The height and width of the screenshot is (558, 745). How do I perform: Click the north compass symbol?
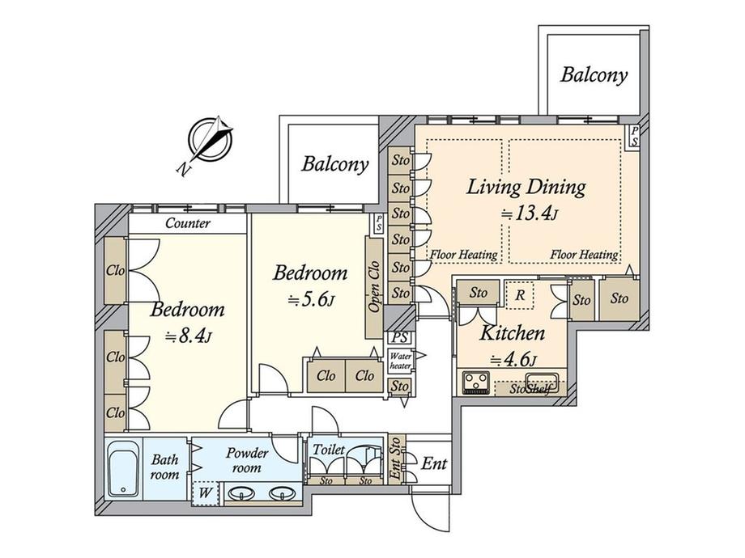(x=210, y=140)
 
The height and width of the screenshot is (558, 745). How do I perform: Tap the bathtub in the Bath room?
(x=123, y=469)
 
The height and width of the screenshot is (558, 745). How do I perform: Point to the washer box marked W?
(x=205, y=492)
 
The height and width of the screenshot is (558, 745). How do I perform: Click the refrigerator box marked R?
(x=520, y=295)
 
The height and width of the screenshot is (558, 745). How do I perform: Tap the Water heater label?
(x=401, y=361)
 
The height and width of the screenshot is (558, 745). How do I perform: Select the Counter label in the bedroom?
(x=188, y=223)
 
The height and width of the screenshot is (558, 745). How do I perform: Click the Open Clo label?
(x=374, y=286)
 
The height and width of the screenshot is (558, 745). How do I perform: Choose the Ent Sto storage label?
(x=395, y=459)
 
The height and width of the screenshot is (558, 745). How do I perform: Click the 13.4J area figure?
(x=530, y=214)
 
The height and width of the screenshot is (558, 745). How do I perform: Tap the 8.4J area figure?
(x=188, y=336)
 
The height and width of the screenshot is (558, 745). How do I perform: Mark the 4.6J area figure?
(x=513, y=361)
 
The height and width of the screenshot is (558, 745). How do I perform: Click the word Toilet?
(x=328, y=449)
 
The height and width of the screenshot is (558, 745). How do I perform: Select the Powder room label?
(x=247, y=460)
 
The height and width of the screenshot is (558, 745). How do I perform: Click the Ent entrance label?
(x=434, y=463)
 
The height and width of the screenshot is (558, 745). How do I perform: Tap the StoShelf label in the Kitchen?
(x=530, y=390)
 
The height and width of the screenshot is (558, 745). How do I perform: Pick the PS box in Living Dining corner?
(x=634, y=137)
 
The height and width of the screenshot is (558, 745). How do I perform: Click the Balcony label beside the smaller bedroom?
(x=335, y=164)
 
